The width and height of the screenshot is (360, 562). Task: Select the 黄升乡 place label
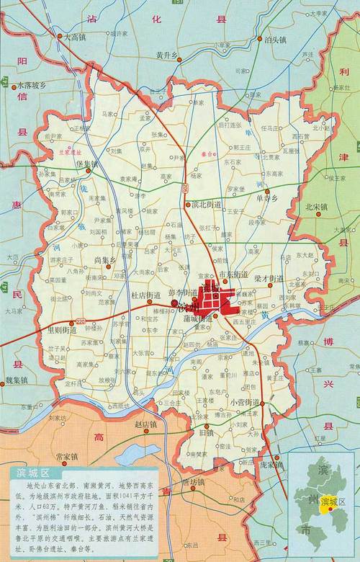165,54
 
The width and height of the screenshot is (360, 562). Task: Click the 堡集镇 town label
85,164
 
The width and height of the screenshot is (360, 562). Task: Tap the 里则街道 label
61,329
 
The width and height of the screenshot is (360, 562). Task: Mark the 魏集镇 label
16,380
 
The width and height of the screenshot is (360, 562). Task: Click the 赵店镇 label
145,425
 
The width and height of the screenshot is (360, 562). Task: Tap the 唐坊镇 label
193,482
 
